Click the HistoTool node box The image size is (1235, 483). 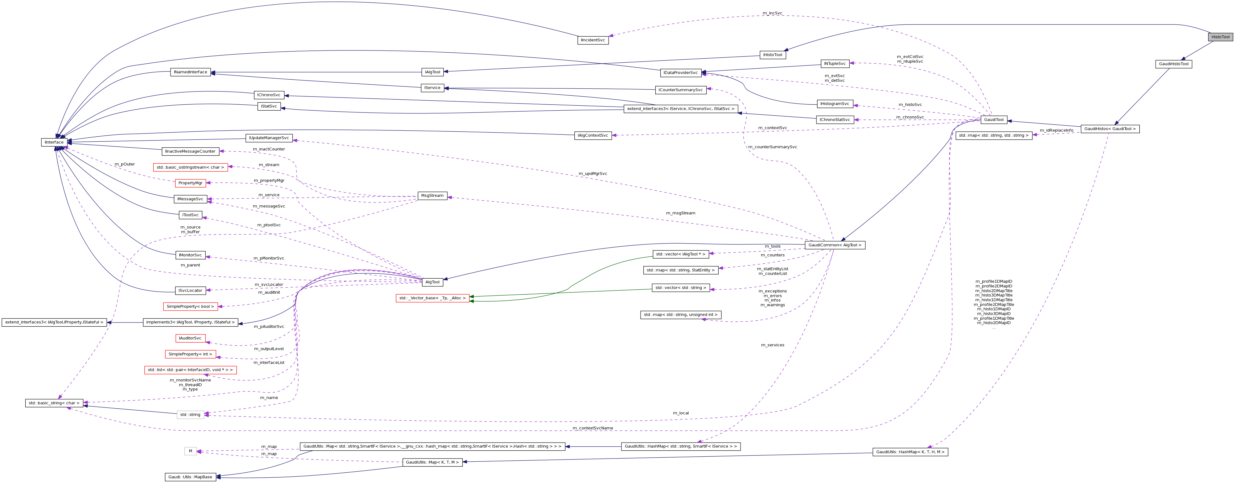[x=1220, y=37]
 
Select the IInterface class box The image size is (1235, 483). [x=54, y=142]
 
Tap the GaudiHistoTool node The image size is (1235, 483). [x=1174, y=64]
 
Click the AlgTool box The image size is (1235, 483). [x=432, y=282]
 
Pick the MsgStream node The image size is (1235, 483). [x=432, y=196]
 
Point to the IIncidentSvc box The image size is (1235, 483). [x=593, y=40]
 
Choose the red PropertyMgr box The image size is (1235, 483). [x=190, y=183]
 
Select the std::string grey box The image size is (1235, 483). [x=190, y=414]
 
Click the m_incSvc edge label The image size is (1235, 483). [x=772, y=13]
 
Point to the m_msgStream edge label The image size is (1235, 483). [x=680, y=213]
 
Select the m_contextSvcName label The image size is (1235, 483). [x=593, y=428]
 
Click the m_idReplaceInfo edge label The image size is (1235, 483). [x=1057, y=130]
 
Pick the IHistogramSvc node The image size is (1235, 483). [x=835, y=104]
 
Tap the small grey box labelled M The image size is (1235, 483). [x=190, y=451]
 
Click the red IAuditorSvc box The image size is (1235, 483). [x=190, y=338]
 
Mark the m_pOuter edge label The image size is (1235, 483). [x=125, y=164]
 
